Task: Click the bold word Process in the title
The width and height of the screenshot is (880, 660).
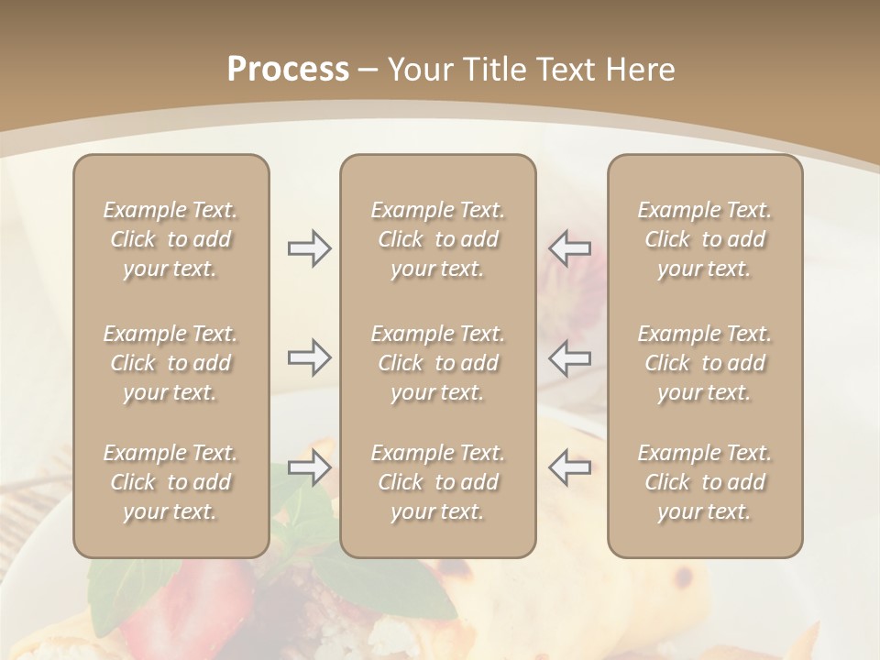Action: [288, 70]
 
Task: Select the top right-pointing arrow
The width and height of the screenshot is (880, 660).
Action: [310, 248]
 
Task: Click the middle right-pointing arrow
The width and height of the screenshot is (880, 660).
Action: [310, 357]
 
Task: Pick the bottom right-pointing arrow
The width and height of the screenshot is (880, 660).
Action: [310, 467]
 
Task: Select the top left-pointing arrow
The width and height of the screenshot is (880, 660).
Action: [569, 248]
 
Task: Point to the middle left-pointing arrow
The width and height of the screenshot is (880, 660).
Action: [569, 357]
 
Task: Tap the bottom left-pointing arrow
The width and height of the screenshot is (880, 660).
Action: [569, 467]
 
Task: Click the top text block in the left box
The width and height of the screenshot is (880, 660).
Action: [170, 239]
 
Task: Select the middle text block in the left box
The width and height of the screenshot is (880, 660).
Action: [170, 363]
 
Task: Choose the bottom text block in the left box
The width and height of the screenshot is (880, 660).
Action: [170, 482]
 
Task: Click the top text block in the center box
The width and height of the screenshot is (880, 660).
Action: [437, 239]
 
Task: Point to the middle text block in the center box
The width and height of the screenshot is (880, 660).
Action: [437, 363]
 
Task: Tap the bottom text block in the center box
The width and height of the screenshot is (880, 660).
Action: [437, 482]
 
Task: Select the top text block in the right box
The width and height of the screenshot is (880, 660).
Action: [705, 239]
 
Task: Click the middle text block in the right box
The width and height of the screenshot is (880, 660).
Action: [705, 363]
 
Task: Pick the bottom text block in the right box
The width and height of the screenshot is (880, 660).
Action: [705, 482]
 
